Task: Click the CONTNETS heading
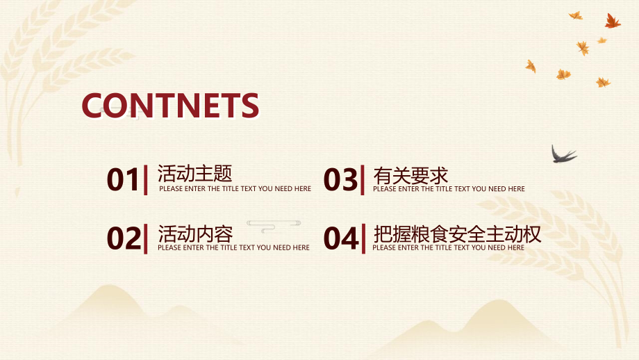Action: point(170,106)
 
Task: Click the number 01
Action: point(123,180)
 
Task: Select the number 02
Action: point(124,238)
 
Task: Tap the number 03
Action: point(340,180)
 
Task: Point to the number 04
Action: point(341,238)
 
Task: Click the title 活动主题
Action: point(194,173)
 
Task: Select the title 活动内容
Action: point(195,233)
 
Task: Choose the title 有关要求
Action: point(410,174)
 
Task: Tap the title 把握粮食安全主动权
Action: point(457,234)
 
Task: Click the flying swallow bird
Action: point(563,154)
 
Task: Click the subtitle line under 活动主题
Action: point(235,188)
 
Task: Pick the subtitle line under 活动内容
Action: point(233,247)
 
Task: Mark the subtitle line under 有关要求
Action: point(449,188)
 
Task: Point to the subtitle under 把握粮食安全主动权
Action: point(449,247)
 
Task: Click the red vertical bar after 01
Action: point(145,179)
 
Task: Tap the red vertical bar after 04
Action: point(363,238)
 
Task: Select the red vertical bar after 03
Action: point(363,179)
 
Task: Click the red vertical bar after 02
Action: point(145,238)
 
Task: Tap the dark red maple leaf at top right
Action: point(612,22)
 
